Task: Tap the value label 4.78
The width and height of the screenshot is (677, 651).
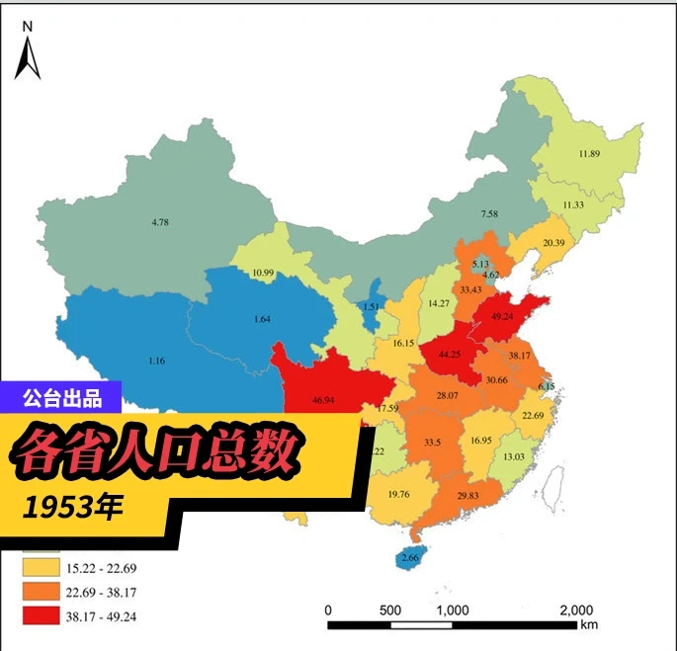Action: tap(160, 223)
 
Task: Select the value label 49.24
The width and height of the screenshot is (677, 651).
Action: tap(496, 317)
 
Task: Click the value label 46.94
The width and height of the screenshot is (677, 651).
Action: tap(322, 401)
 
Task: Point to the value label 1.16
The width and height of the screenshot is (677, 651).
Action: tap(156, 362)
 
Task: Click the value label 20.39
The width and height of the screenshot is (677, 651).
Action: tap(555, 243)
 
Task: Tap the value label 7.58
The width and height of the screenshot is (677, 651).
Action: tap(489, 213)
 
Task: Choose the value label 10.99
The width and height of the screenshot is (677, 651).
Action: tap(263, 273)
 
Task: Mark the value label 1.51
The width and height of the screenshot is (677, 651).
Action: tap(372, 306)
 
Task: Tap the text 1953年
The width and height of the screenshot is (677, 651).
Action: tap(75, 508)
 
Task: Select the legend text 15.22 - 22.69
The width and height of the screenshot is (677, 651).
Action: tap(106, 568)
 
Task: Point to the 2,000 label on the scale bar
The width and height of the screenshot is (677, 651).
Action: tap(575, 609)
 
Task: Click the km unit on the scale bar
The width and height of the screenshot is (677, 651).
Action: tap(589, 624)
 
